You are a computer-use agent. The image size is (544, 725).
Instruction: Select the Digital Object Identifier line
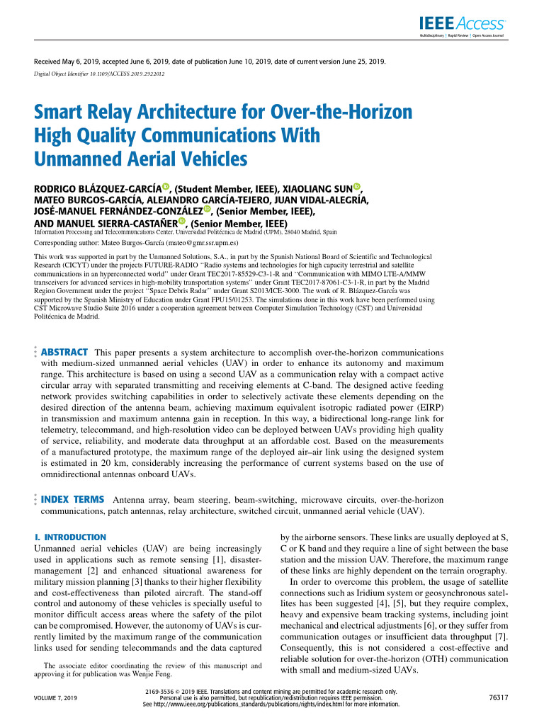point(99,73)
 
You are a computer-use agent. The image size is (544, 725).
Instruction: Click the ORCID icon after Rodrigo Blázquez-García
point(166,187)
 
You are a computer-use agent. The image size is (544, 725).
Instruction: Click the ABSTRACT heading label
point(64,352)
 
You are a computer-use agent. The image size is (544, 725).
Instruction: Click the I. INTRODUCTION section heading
point(70,537)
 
